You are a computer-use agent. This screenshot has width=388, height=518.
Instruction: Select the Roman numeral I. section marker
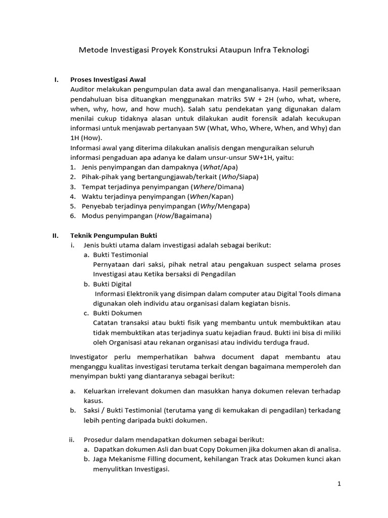click(57, 80)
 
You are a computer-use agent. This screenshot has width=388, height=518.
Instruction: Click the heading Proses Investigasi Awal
click(109, 80)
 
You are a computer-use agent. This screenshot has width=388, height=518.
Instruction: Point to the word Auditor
click(83, 90)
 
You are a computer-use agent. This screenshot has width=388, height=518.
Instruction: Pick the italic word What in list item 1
click(211, 167)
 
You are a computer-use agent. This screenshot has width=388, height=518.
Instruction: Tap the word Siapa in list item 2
click(247, 177)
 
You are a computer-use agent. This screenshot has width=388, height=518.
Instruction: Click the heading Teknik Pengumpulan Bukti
click(114, 235)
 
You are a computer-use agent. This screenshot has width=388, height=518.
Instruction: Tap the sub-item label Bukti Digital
click(112, 284)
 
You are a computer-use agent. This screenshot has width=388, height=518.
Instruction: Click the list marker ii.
click(72, 439)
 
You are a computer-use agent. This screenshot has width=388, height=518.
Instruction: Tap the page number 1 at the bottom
click(339, 484)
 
